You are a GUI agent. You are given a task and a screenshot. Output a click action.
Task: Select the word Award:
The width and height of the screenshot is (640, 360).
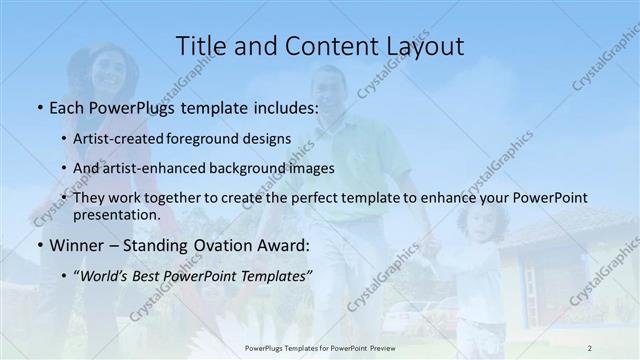[288, 245]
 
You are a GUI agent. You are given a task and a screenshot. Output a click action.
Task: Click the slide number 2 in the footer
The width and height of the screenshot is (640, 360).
[590, 347]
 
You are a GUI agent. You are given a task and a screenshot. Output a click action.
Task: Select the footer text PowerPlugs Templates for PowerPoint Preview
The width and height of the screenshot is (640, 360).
[320, 347]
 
